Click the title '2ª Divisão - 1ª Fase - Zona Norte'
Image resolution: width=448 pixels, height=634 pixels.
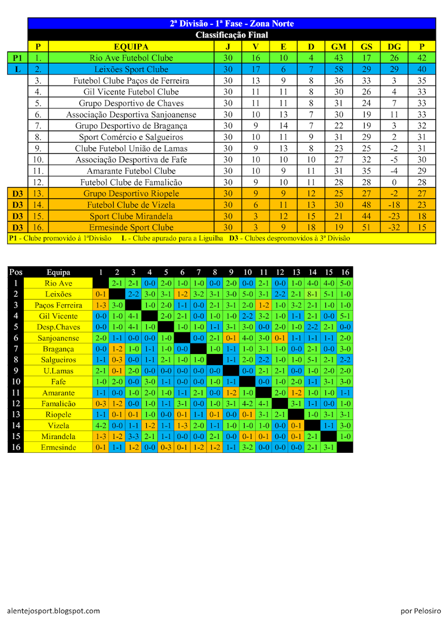coord(231,24)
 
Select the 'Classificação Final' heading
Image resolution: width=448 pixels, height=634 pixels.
coord(231,35)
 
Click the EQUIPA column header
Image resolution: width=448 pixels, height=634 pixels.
coord(131,46)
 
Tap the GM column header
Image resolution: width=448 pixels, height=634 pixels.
coord(339,46)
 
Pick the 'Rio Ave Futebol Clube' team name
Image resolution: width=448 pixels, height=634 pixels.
coord(131,58)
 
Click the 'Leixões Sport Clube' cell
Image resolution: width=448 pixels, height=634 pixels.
coord(131,69)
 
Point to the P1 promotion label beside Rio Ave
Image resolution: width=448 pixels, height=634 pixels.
coord(17,58)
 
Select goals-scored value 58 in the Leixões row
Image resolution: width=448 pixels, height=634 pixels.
coord(339,69)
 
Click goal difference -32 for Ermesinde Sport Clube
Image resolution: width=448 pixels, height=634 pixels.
coord(394,227)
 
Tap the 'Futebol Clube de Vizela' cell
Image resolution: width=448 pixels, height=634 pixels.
coord(131,205)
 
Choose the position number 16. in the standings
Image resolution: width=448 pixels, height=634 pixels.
coord(38,227)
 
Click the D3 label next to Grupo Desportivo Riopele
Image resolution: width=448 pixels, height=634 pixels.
coord(17,193)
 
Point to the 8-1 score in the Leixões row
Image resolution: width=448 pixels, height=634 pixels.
coord(313,294)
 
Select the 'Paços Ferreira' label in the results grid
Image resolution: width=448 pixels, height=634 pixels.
coord(59,305)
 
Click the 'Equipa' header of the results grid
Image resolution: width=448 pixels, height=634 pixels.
coord(59,273)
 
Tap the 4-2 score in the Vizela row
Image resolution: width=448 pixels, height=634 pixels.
coord(100,425)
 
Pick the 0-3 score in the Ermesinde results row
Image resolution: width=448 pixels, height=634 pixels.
coord(166,447)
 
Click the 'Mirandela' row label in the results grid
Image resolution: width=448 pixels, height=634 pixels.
coord(59,436)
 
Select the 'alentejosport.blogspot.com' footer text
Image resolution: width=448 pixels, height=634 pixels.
coord(53,611)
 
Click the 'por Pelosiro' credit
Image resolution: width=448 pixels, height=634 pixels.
coord(421,611)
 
